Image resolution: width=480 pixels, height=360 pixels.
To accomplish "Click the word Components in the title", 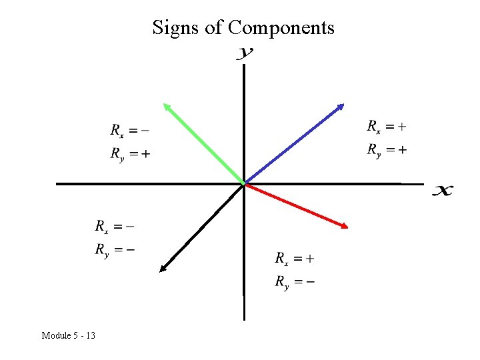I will click(281, 28).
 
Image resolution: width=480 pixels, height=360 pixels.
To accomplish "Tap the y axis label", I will click(245, 53).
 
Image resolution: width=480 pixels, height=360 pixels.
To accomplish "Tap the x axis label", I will click(443, 191).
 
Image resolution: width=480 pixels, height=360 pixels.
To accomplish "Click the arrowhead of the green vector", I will click(166, 105).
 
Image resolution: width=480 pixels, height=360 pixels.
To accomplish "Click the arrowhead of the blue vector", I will click(341, 106).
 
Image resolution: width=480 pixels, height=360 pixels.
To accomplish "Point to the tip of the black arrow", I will click(161, 269).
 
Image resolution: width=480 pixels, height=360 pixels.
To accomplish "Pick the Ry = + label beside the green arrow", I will click(130, 155).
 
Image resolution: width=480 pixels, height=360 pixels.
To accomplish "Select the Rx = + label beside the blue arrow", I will click(387, 125).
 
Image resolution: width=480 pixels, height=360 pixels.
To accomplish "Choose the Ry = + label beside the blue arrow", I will click(387, 150).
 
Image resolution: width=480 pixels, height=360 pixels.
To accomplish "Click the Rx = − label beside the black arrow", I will click(114, 226).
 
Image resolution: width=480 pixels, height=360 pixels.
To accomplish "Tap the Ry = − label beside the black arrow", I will click(114, 251).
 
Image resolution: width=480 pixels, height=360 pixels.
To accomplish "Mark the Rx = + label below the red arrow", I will click(295, 258).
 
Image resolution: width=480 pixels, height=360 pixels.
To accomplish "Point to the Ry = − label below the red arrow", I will click(295, 282).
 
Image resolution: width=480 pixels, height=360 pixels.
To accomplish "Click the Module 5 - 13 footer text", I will click(68, 335).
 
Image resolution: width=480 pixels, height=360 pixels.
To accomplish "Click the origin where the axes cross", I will click(245, 183).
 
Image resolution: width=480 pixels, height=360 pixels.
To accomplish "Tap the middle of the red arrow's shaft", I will click(296, 205).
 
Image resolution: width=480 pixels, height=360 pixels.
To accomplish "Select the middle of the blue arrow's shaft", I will click(293, 144).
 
